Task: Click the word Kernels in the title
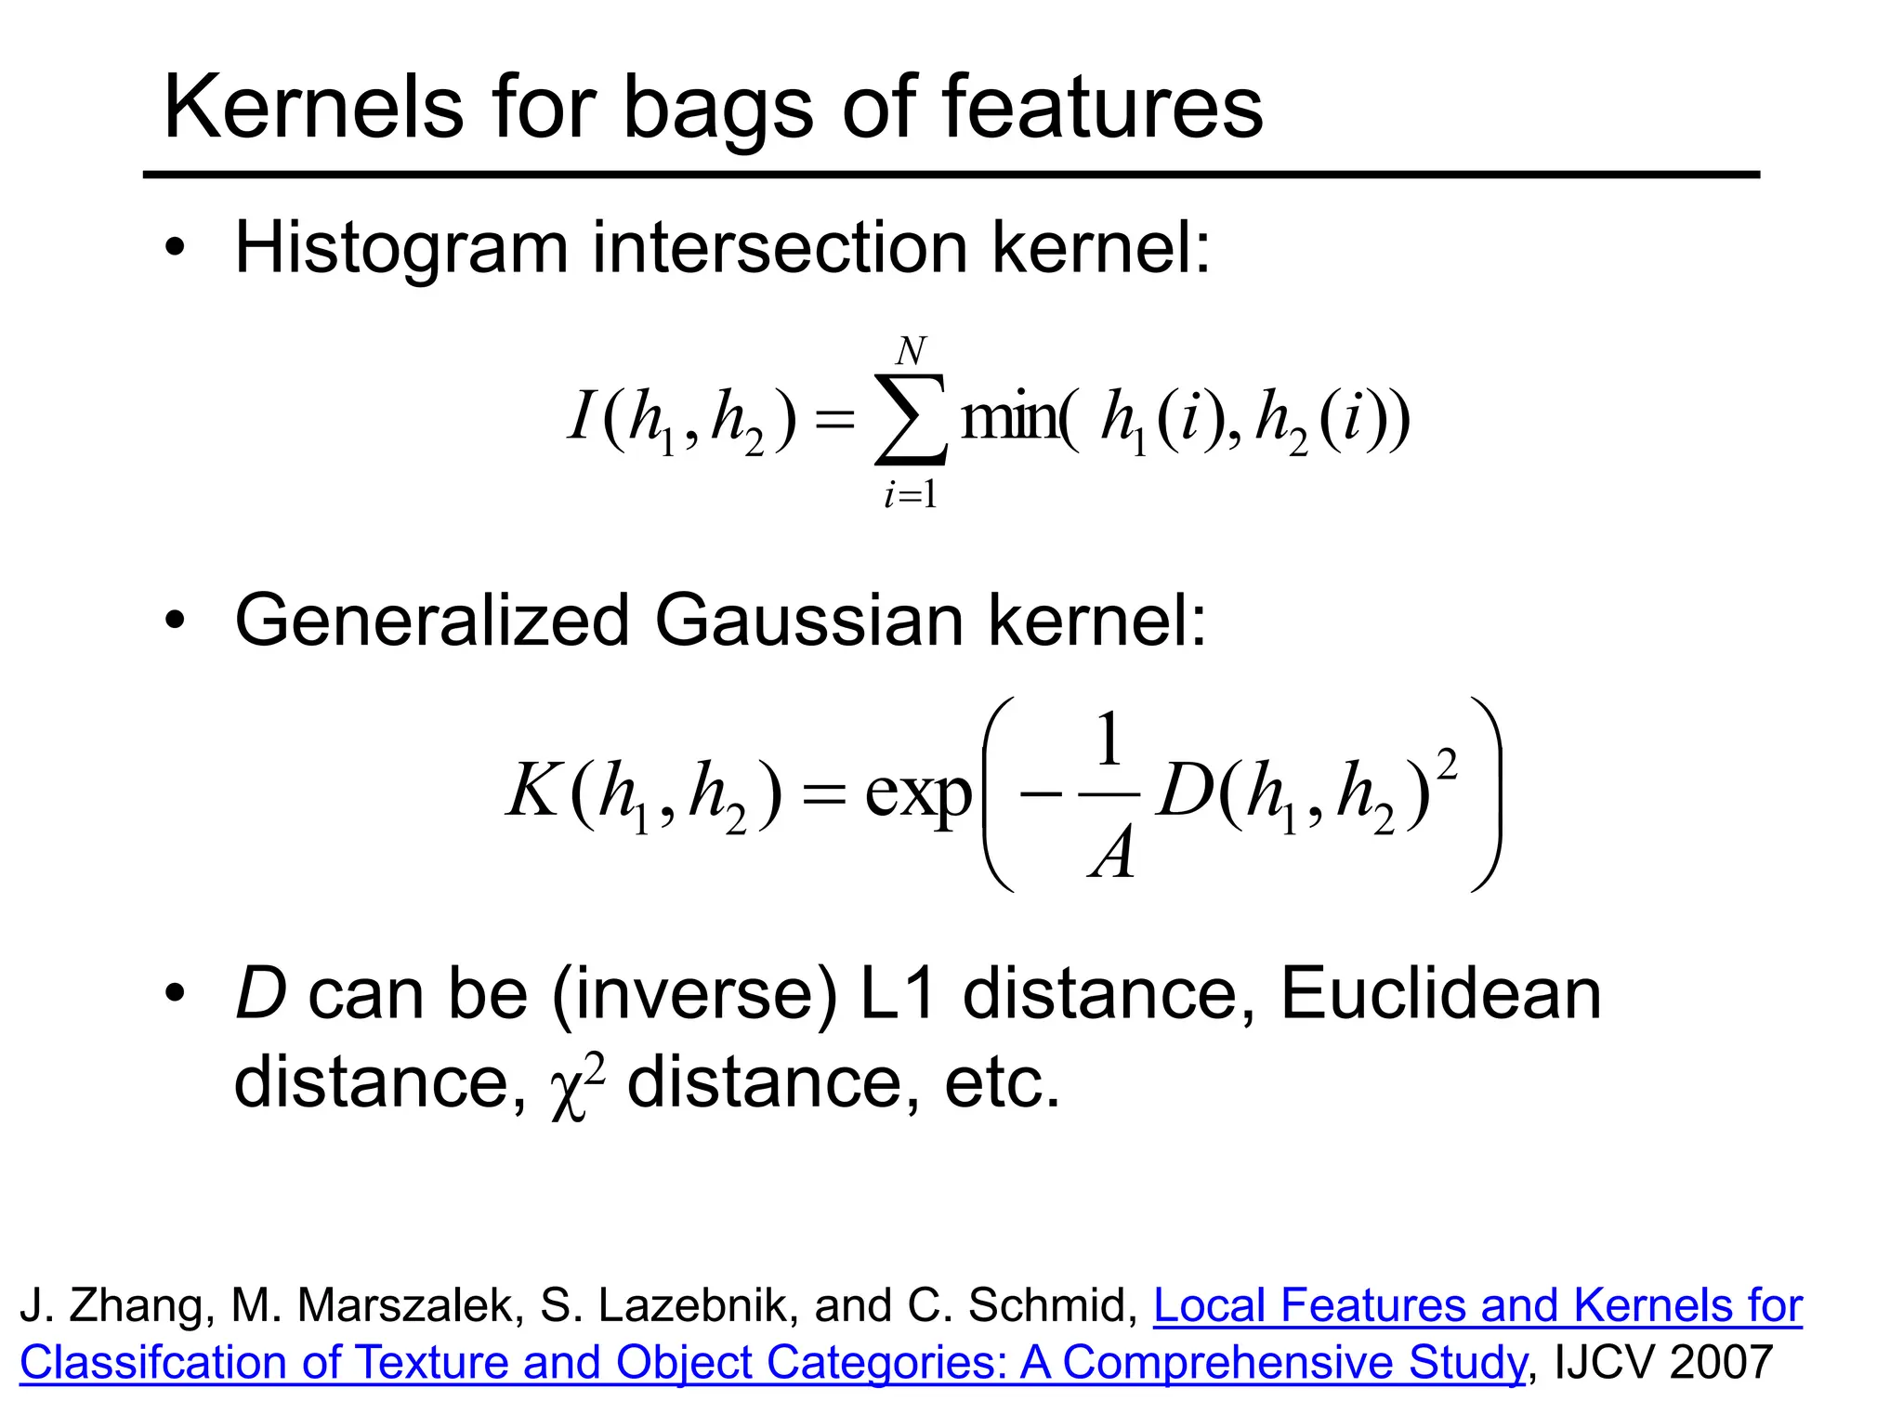click(x=313, y=108)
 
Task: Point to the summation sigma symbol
click(x=911, y=419)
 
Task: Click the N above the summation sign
click(x=911, y=352)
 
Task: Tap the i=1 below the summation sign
click(x=911, y=495)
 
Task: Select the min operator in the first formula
click(x=1009, y=419)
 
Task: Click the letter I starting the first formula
click(x=582, y=415)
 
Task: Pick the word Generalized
click(x=433, y=621)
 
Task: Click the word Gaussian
click(x=808, y=621)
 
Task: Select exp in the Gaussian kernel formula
click(x=918, y=794)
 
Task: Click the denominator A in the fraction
click(x=1112, y=853)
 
